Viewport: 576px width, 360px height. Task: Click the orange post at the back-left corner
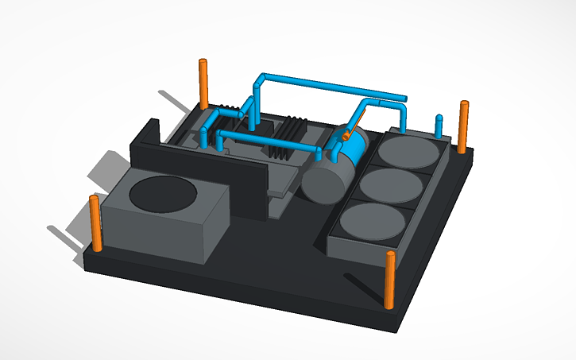pos(203,83)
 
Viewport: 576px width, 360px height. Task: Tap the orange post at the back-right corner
pos(463,126)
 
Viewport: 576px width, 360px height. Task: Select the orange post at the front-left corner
pos(95,223)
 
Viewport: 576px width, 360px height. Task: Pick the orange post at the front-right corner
pos(390,279)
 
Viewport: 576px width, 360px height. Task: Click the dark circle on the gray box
pos(164,194)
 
